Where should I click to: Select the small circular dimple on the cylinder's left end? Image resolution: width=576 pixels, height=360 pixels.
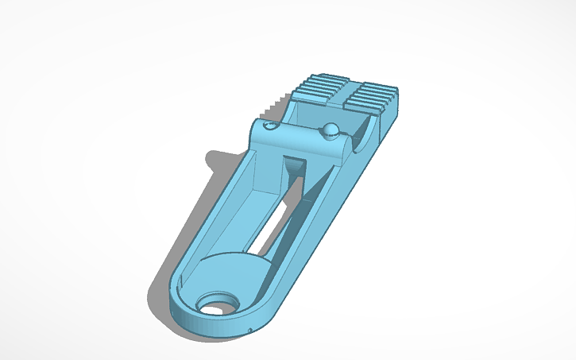pyautogui.click(x=271, y=126)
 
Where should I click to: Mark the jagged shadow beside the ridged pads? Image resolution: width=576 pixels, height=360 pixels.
pyautogui.click(x=278, y=102)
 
